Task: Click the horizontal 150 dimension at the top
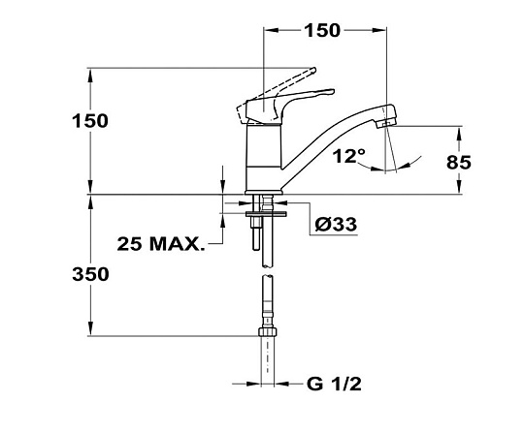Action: [x=322, y=30]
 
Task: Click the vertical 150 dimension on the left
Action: [x=90, y=121]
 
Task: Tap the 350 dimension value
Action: [x=90, y=274]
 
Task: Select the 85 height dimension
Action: [x=458, y=163]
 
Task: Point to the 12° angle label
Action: [x=349, y=155]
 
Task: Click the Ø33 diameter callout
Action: [x=336, y=224]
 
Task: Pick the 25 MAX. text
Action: [x=161, y=244]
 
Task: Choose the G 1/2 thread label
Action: [x=334, y=384]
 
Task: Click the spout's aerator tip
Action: [x=385, y=124]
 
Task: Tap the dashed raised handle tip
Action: [x=313, y=70]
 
